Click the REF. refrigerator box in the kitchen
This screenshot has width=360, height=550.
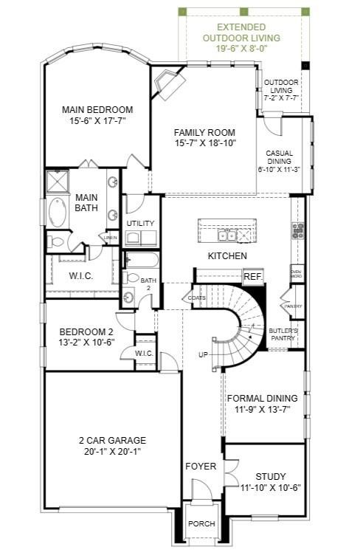[x=252, y=276]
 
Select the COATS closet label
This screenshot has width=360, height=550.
[x=196, y=298]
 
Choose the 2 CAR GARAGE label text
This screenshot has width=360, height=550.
[x=111, y=441]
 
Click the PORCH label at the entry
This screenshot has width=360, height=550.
[x=201, y=523]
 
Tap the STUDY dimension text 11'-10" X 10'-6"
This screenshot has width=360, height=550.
[x=271, y=487]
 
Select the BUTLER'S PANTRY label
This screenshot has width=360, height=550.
[x=283, y=334]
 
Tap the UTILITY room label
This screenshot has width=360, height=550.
[x=139, y=223]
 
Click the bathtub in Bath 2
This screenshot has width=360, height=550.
[x=139, y=261]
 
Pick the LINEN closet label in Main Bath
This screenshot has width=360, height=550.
[x=110, y=238]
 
